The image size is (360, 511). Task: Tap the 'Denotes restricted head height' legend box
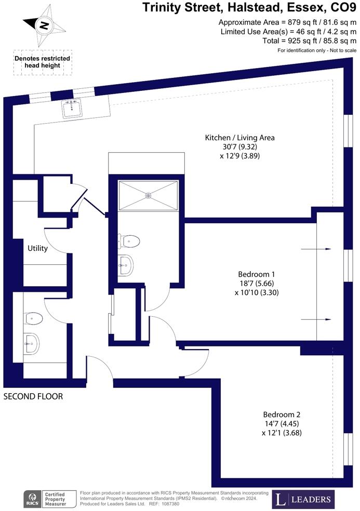[43, 62]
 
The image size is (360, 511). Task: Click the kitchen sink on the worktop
[71, 109]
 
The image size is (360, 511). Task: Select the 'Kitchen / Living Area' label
[239, 138]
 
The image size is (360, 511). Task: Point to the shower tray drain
[149, 196]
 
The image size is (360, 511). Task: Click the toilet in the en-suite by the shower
[130, 241]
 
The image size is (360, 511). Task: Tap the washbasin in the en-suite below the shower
[126, 265]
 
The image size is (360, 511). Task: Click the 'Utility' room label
[37, 248]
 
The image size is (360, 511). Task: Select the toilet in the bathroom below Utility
[33, 317]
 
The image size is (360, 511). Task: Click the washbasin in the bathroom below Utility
[32, 343]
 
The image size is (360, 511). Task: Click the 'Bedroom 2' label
[282, 414]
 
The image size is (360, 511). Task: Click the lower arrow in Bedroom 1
[316, 319]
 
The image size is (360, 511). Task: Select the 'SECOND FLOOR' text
[33, 396]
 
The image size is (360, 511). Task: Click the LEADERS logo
[303, 500]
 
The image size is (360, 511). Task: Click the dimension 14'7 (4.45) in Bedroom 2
[282, 424]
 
